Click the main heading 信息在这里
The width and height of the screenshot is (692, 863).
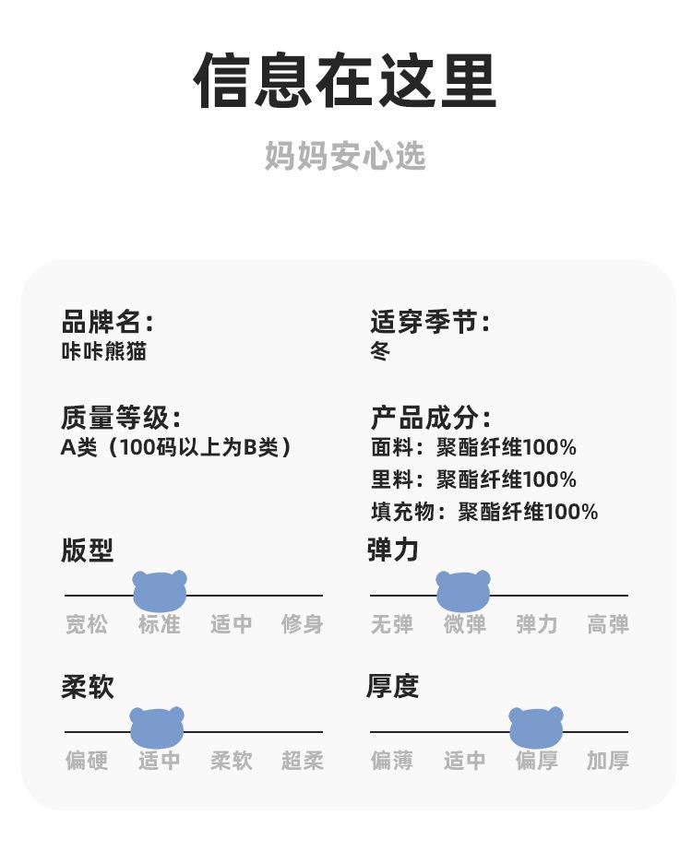345,81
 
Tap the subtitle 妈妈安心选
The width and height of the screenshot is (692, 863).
345,156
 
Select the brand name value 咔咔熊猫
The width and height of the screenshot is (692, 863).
103,351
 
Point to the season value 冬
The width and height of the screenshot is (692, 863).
380,351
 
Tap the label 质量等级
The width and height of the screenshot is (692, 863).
121,418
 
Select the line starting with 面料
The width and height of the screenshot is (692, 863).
473,448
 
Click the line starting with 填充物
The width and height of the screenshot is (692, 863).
484,512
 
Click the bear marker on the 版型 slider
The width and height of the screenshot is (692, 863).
160,590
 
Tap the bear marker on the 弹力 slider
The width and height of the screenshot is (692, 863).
463,590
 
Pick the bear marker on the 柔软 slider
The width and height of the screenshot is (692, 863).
157,727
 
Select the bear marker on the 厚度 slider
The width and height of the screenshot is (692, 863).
536,727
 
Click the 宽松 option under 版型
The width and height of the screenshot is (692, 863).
87,624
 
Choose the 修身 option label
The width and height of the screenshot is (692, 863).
303,624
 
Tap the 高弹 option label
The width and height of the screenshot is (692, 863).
608,624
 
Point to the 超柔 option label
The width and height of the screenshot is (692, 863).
303,761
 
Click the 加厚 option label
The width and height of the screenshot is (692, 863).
608,761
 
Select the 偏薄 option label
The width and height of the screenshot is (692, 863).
392,761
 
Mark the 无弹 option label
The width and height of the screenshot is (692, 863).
392,624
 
